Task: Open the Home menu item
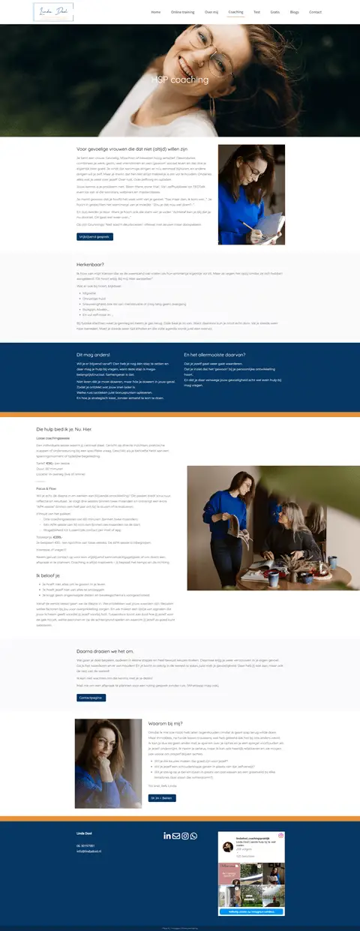(156, 12)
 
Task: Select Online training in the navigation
(182, 12)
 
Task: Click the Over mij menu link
(211, 12)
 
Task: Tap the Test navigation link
(256, 12)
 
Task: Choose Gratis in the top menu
(275, 12)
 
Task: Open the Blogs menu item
(295, 12)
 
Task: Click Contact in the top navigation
(316, 12)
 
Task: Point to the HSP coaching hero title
(180, 80)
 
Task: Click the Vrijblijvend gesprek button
(94, 236)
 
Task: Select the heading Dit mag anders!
(93, 354)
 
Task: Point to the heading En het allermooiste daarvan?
(214, 354)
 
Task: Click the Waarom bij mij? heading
(167, 723)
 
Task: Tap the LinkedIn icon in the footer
(167, 836)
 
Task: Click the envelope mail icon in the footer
(176, 836)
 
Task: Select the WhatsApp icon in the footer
(194, 836)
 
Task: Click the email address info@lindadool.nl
(90, 851)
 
